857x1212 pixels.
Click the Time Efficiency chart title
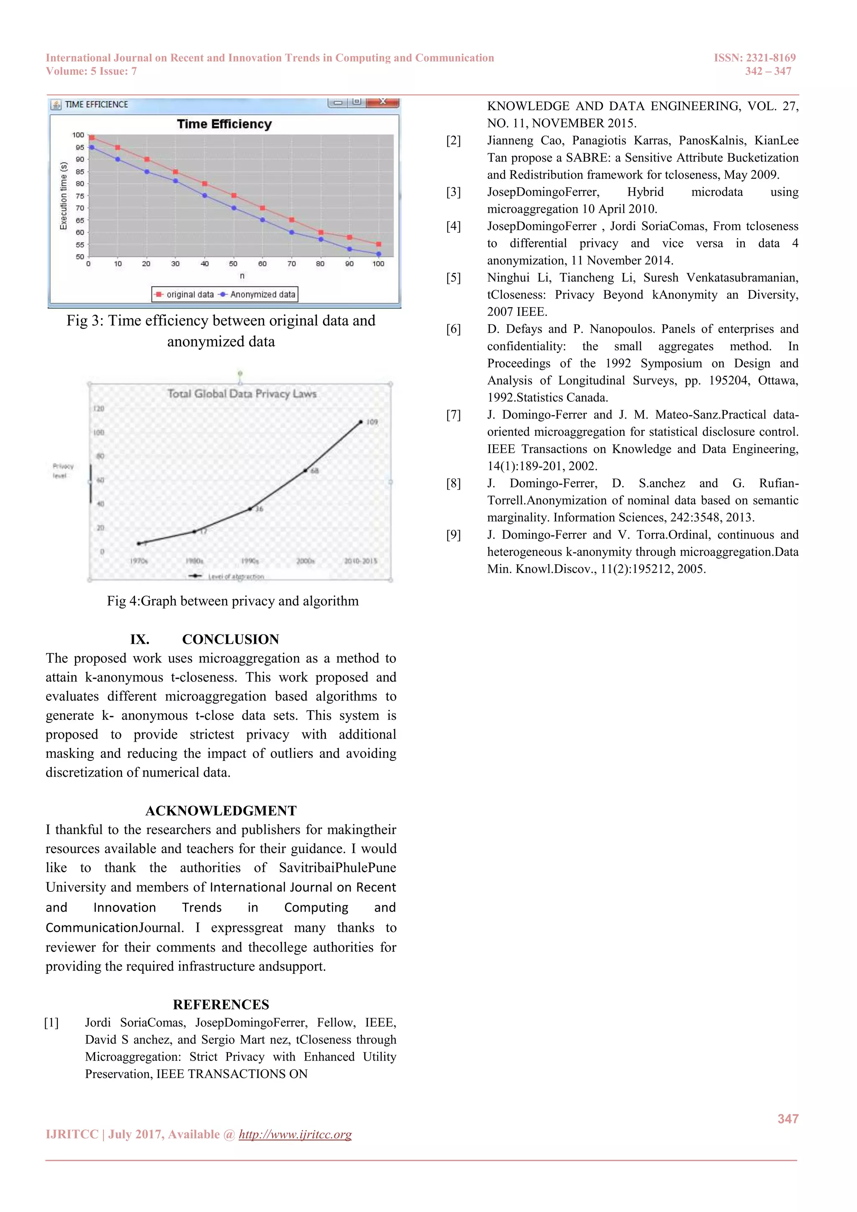(x=224, y=124)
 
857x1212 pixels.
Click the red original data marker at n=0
(x=92, y=138)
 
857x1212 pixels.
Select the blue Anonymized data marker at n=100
(x=378, y=254)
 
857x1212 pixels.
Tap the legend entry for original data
(x=184, y=295)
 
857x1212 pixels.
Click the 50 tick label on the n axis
(x=233, y=263)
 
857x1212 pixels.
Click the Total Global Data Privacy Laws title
(x=242, y=394)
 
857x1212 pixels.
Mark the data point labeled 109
(x=361, y=422)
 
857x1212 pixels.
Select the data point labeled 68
(x=305, y=470)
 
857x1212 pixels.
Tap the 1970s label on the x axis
(x=139, y=561)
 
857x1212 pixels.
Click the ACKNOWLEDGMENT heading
(x=221, y=811)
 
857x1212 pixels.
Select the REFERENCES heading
(x=221, y=1004)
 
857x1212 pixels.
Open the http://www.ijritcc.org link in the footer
(x=295, y=1135)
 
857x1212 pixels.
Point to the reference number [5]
(x=453, y=277)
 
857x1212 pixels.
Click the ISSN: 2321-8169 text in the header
(x=754, y=57)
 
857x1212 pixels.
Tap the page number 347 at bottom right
(x=788, y=1119)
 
